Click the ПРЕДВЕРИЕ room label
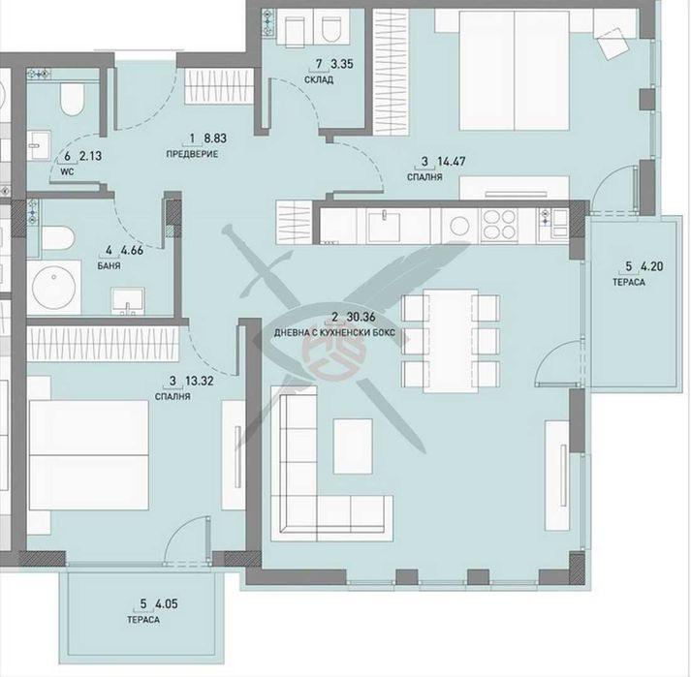pos(192,154)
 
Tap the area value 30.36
pos(361,317)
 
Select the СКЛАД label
pos(319,79)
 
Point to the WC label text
pos(67,171)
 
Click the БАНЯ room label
pos(109,266)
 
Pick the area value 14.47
pos(451,161)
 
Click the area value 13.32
pos(200,381)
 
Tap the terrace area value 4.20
pos(652,266)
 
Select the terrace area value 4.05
pos(166,603)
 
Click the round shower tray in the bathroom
pos(53,288)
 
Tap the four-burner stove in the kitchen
pos(499,225)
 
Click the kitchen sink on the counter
pos(384,226)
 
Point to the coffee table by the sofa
pos(353,446)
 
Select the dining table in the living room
pos(451,341)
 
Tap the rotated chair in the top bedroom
pos(613,43)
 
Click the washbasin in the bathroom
pos(128,301)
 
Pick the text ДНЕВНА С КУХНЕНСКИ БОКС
pos(334,332)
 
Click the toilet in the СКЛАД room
pos(329,29)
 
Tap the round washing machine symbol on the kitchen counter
pos(459,226)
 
